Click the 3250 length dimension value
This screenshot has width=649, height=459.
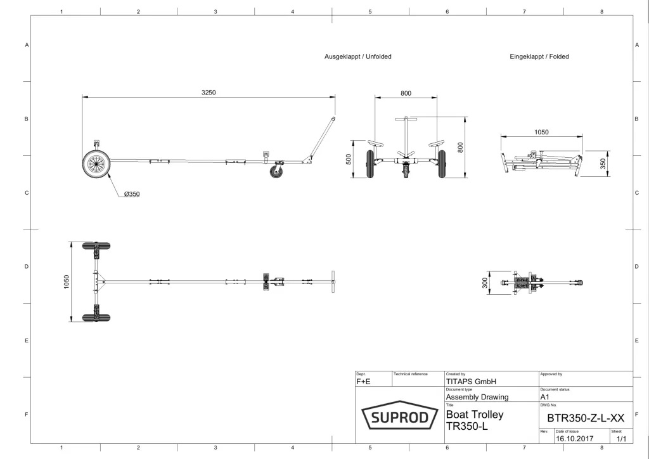(x=209, y=93)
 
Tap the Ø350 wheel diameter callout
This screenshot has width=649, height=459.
(x=131, y=194)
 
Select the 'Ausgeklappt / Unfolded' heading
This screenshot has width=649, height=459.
(x=358, y=56)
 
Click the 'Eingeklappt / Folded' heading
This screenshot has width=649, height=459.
(x=539, y=56)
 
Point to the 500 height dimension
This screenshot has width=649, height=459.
(x=349, y=158)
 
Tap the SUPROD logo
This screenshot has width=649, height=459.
(x=399, y=417)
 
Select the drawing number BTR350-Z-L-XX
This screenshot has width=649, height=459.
(x=586, y=418)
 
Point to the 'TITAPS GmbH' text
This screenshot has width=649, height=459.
(x=470, y=382)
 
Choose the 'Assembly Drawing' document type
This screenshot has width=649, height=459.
(x=477, y=397)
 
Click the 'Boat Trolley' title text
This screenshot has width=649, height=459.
(x=475, y=415)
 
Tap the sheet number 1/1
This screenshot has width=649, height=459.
(x=620, y=437)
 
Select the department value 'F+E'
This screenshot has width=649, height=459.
(x=364, y=382)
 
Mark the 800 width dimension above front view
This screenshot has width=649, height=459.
(x=406, y=93)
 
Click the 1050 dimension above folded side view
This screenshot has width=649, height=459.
(x=541, y=133)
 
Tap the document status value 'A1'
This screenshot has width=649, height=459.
(x=544, y=397)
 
